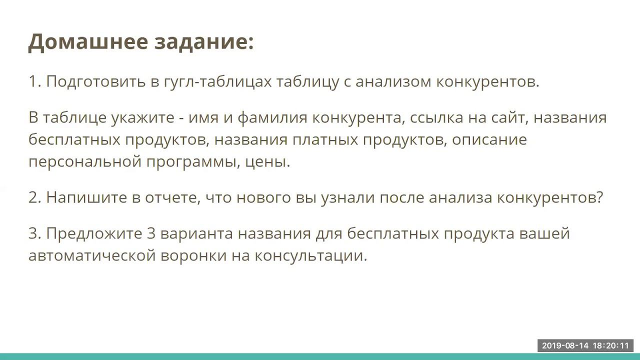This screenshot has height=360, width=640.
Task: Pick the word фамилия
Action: point(272,118)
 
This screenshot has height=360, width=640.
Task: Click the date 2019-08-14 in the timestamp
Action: point(565,345)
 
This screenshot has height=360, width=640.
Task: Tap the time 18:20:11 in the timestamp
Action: point(610,345)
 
